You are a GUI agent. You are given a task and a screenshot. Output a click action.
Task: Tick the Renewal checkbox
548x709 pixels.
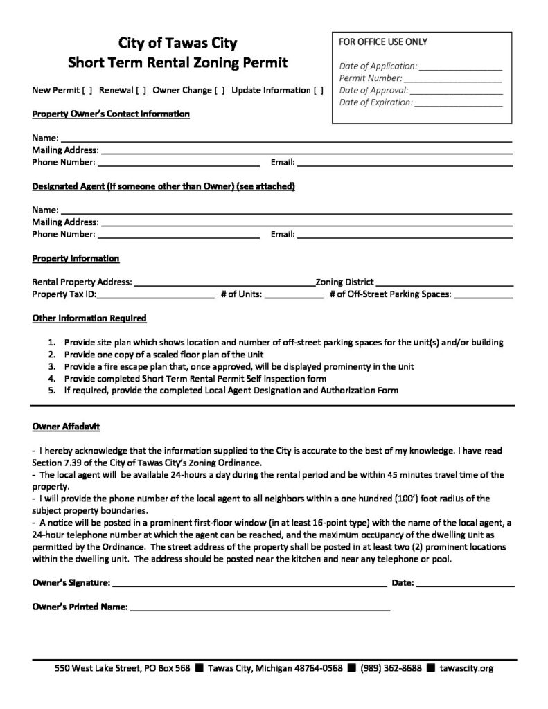[x=140, y=91]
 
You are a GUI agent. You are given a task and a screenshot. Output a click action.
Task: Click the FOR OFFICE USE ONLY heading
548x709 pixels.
[x=382, y=42]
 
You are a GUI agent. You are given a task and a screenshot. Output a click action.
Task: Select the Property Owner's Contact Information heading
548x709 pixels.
[x=111, y=114]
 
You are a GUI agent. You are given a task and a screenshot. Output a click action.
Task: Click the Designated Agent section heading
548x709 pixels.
[x=164, y=187]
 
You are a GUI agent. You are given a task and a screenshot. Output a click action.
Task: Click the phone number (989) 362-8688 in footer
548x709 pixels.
[x=391, y=669]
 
